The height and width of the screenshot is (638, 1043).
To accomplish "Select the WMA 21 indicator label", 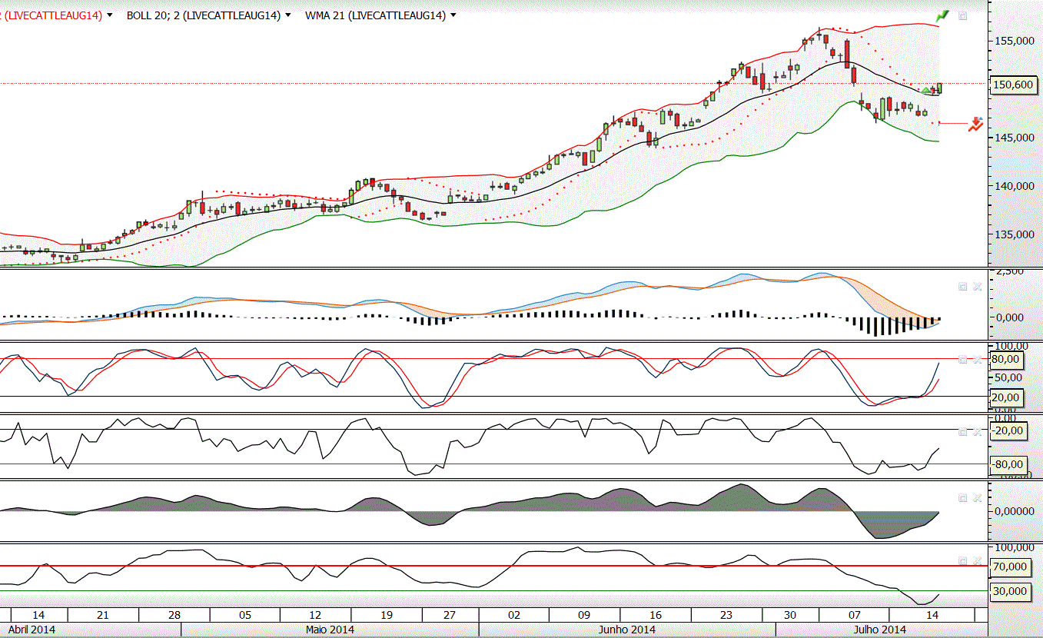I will tap(375, 15).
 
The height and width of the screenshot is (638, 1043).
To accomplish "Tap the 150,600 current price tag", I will tap(1013, 85).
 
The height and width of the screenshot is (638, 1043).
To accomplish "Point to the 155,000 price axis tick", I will tap(1013, 40).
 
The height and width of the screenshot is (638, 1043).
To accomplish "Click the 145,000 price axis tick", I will tap(1013, 138).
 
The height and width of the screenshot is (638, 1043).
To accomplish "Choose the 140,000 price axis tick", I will tap(1013, 186).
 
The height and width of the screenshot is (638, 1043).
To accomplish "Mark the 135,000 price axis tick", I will tap(1013, 235).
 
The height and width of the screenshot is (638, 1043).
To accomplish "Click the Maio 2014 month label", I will tap(330, 630).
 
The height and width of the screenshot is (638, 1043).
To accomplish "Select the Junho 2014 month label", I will tap(626, 630).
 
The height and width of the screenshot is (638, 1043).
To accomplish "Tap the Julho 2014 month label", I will tap(879, 630).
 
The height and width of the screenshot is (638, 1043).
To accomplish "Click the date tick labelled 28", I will tap(174, 615).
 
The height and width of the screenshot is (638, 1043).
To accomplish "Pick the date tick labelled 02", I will tap(514, 615).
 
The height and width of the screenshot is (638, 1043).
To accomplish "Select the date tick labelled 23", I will tap(726, 615).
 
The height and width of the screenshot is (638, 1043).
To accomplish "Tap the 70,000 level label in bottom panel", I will tap(1010, 567).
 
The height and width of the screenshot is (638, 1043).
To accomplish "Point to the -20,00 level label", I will tap(1008, 430).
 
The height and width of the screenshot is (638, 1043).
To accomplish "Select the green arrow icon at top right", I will tap(942, 15).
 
